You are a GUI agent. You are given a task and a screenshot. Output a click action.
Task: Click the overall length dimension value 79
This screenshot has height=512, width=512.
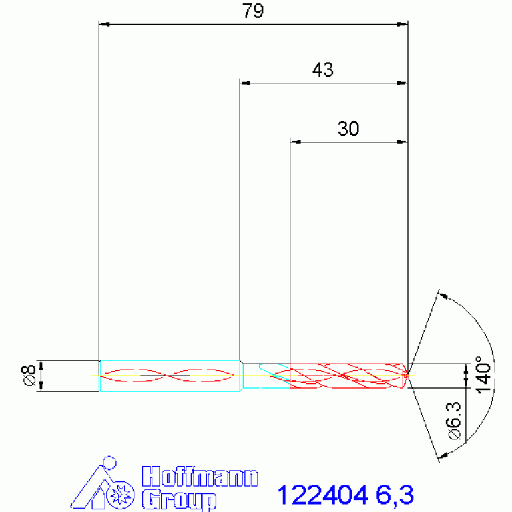tap(253, 11)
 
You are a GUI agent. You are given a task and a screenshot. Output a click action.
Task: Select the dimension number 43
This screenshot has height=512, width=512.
tap(323, 70)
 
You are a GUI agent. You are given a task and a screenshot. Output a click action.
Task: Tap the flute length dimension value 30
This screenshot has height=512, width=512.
tap(348, 128)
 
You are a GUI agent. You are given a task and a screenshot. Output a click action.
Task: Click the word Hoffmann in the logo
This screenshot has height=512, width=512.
tap(200, 477)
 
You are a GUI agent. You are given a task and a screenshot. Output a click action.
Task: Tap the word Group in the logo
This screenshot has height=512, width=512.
tap(179, 499)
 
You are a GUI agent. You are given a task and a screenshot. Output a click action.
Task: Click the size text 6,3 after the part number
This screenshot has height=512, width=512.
tap(395, 495)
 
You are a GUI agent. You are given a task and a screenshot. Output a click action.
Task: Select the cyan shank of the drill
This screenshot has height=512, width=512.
tap(170, 376)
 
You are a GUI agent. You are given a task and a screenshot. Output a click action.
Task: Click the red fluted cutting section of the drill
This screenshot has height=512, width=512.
tap(347, 376)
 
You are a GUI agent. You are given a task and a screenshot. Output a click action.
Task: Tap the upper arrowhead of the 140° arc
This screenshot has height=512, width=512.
tap(441, 294)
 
